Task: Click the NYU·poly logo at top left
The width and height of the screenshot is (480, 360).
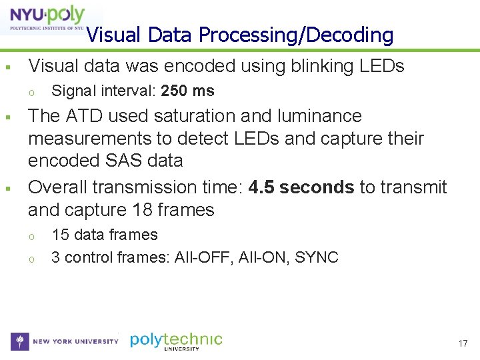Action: pos(44,19)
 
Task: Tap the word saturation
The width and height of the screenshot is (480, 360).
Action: pos(193,116)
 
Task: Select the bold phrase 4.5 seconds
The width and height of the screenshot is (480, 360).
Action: pos(301,187)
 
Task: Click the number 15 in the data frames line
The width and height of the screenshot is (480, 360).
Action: pos(60,235)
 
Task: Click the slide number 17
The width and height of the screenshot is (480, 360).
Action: pos(463,343)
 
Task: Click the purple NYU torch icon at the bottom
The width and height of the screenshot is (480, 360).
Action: pos(20,341)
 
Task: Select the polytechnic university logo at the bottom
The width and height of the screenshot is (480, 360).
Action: pos(176,341)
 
